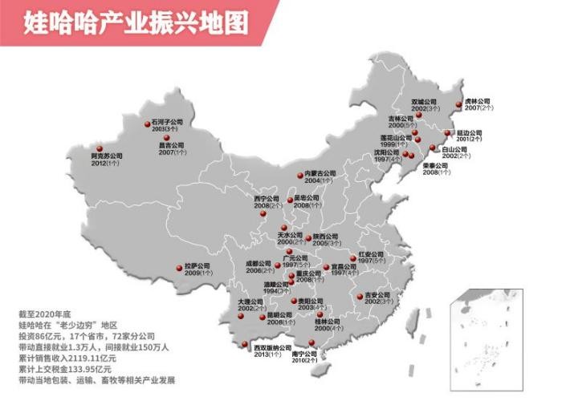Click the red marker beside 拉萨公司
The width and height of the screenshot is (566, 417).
[178, 267]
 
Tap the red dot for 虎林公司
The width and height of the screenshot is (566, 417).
[458, 104]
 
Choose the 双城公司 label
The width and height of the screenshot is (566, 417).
[424, 103]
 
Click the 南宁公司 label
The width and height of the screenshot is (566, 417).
[306, 354]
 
